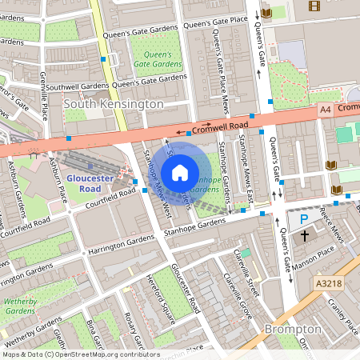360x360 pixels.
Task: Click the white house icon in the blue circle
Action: tap(180, 172)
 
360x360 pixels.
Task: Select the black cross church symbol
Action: tap(305, 236)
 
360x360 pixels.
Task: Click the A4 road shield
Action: tap(325, 109)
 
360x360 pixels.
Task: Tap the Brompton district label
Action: tap(294, 329)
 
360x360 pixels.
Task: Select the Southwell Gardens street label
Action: tap(77, 86)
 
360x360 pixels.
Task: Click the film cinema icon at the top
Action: tap(314, 6)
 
